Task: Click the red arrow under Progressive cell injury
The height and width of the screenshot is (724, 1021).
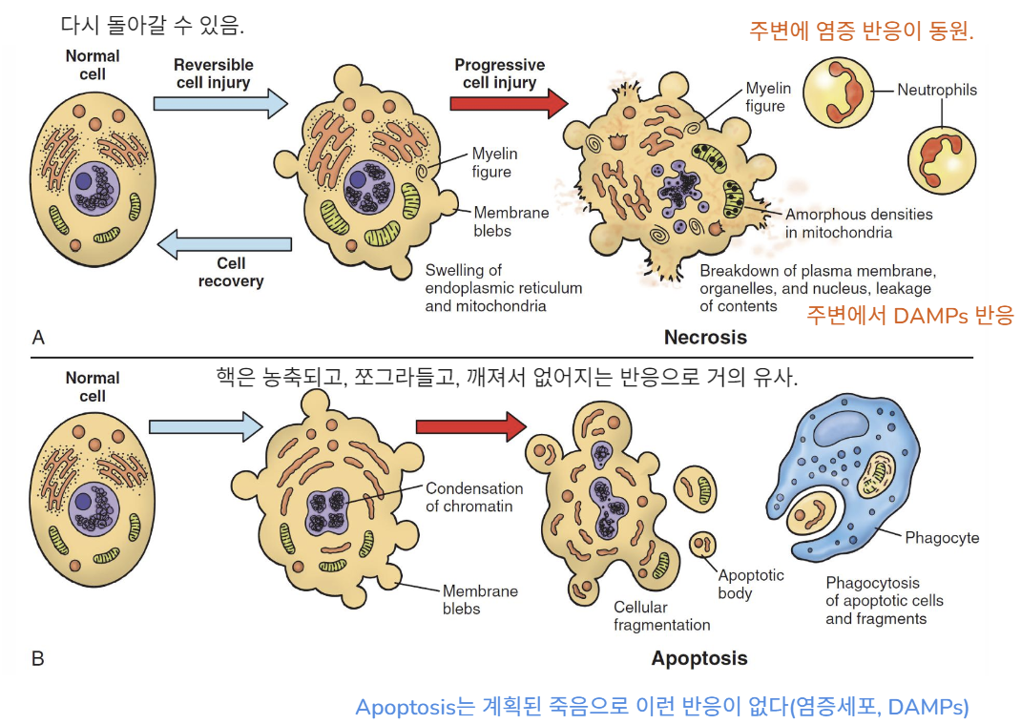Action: tap(508, 104)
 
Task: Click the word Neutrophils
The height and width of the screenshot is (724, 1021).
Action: tap(937, 91)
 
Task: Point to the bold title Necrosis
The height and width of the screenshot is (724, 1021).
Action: tap(705, 337)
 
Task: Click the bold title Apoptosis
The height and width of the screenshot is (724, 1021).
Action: tap(699, 658)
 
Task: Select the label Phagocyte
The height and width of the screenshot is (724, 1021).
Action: tap(942, 538)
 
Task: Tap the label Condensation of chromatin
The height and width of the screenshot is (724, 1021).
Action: tap(474, 497)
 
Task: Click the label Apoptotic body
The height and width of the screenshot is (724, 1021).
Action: tap(750, 584)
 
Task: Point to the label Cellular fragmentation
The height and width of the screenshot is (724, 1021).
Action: tap(661, 616)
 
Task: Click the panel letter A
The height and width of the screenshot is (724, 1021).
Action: tap(38, 337)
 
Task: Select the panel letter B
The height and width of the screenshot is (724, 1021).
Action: tap(38, 658)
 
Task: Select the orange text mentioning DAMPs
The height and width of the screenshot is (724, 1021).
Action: tap(909, 316)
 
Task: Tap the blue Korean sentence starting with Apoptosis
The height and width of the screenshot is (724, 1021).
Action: tap(661, 707)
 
